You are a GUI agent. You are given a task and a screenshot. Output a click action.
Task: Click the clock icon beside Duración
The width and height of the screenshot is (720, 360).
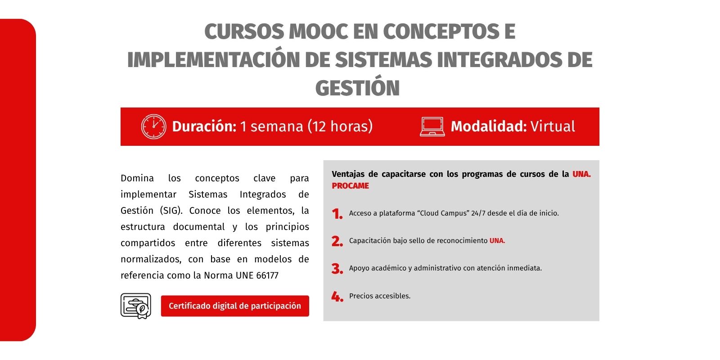[x=153, y=126]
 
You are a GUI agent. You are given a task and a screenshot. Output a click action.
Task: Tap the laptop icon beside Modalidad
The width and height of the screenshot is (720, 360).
[x=432, y=127]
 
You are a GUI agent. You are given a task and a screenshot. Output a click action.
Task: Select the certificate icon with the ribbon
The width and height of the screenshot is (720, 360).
[x=136, y=306]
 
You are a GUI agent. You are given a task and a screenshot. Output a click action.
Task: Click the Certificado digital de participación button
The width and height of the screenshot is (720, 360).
[x=235, y=306]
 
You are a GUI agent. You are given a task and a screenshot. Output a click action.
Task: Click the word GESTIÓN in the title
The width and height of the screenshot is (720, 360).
[x=357, y=88]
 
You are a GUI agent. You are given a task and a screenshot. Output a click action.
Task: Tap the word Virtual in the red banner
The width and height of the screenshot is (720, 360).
[x=553, y=126]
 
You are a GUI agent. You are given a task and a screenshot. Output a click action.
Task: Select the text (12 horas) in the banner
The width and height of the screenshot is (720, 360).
[x=340, y=126]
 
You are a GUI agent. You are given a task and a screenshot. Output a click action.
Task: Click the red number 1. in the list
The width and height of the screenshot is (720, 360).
[x=337, y=214]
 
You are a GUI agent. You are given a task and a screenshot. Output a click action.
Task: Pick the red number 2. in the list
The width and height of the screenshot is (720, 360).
[x=337, y=241]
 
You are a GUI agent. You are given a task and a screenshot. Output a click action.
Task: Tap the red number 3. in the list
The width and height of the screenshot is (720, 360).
[x=337, y=269]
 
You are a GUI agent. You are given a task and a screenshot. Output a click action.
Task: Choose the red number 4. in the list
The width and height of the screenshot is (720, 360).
[x=337, y=297]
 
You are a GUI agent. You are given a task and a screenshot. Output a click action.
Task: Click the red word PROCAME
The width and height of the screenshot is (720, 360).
[x=351, y=186]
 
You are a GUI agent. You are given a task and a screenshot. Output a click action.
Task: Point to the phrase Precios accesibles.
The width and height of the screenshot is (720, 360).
[x=380, y=296]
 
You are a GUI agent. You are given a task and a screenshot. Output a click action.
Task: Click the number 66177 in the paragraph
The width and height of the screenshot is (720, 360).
[x=267, y=275]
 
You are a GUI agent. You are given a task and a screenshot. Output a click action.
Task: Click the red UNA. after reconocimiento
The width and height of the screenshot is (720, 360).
[x=497, y=241]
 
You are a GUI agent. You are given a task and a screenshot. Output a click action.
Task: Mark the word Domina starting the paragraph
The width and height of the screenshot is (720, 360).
[x=137, y=178]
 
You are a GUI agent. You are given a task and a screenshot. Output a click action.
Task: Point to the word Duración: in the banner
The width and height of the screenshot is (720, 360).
[x=204, y=126]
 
